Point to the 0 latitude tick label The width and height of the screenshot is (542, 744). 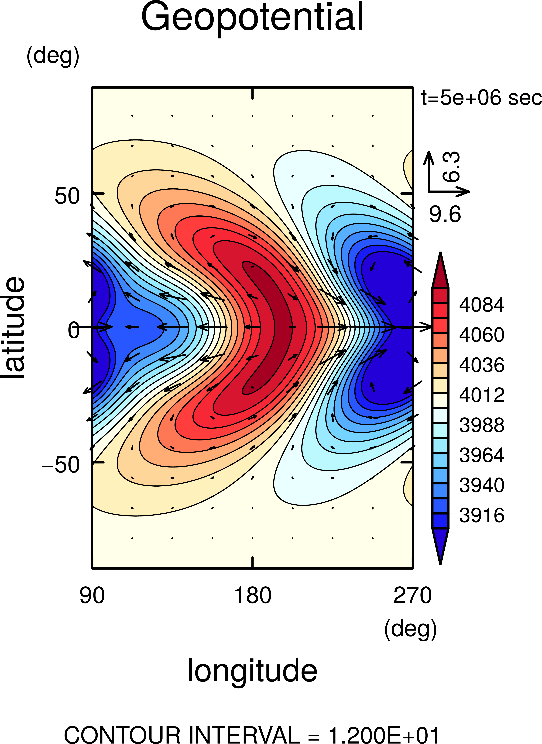pyautogui.click(x=73, y=330)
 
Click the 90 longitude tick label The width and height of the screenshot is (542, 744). pyautogui.click(x=92, y=596)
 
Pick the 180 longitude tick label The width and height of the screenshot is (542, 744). pyautogui.click(x=253, y=596)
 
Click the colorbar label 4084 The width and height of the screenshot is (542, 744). pyautogui.click(x=481, y=305)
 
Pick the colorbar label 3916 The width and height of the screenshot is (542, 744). pyautogui.click(x=481, y=515)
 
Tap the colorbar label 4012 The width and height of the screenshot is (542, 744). pyautogui.click(x=481, y=395)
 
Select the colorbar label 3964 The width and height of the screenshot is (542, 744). pyautogui.click(x=481, y=455)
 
